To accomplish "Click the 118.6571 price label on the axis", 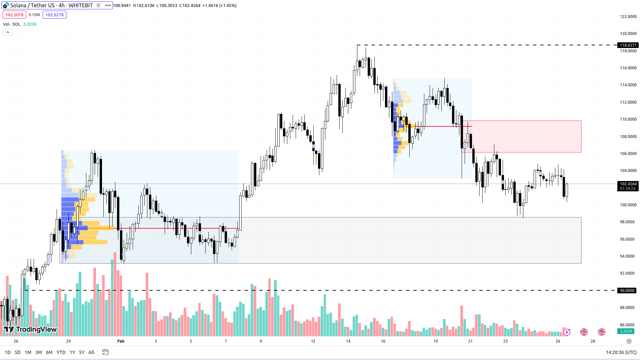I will (x=628, y=45).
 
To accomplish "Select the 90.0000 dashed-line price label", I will (x=627, y=290).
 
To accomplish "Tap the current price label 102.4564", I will (x=628, y=184).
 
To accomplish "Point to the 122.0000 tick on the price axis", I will (x=628, y=16).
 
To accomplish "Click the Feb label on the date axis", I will (x=121, y=341).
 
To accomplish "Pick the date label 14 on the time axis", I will (x=348, y=341).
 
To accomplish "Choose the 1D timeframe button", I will (x=8, y=352).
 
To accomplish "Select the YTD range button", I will (x=61, y=352).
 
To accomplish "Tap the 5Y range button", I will (x=82, y=352).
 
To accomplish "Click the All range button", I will (x=91, y=352).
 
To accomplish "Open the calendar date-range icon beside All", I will (x=105, y=352).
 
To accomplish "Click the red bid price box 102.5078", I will (x=14, y=15).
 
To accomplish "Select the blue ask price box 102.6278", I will (x=54, y=15).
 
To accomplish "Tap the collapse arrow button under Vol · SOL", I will (x=8, y=32).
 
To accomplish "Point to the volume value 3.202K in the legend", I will (x=30, y=24).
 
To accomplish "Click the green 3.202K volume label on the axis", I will (x=626, y=331).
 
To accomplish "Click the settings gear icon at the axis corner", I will (x=629, y=341).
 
